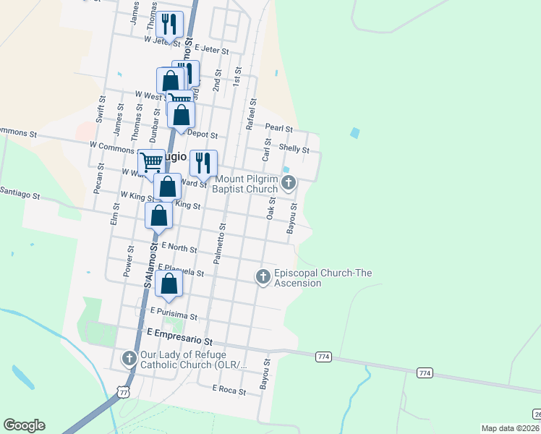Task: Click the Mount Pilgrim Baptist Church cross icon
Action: click(289, 182)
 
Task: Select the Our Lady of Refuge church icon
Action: click(129, 358)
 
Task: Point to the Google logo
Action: click(24, 425)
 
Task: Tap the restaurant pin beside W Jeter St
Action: click(169, 25)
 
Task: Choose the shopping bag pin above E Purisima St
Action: click(169, 284)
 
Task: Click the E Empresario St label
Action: click(181, 333)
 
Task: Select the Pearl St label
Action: click(278, 128)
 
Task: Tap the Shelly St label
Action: click(294, 150)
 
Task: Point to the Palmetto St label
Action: click(219, 242)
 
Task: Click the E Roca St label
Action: click(229, 388)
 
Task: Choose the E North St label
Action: click(179, 248)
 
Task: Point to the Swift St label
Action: click(100, 116)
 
